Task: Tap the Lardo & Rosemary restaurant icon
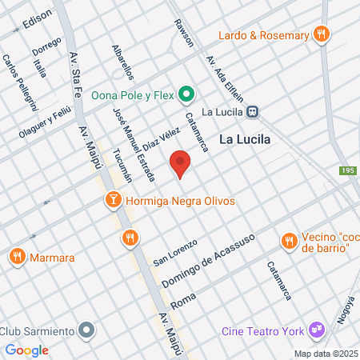pyautogui.click(x=321, y=34)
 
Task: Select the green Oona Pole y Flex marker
pyautogui.click(x=186, y=94)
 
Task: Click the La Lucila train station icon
pyautogui.click(x=252, y=112)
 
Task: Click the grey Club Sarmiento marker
pyautogui.click(x=88, y=330)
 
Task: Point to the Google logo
pyautogui.click(x=26, y=350)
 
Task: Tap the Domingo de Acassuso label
pyautogui.click(x=208, y=262)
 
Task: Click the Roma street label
pyautogui.click(x=184, y=296)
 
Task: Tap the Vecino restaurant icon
pyautogui.click(x=288, y=240)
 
